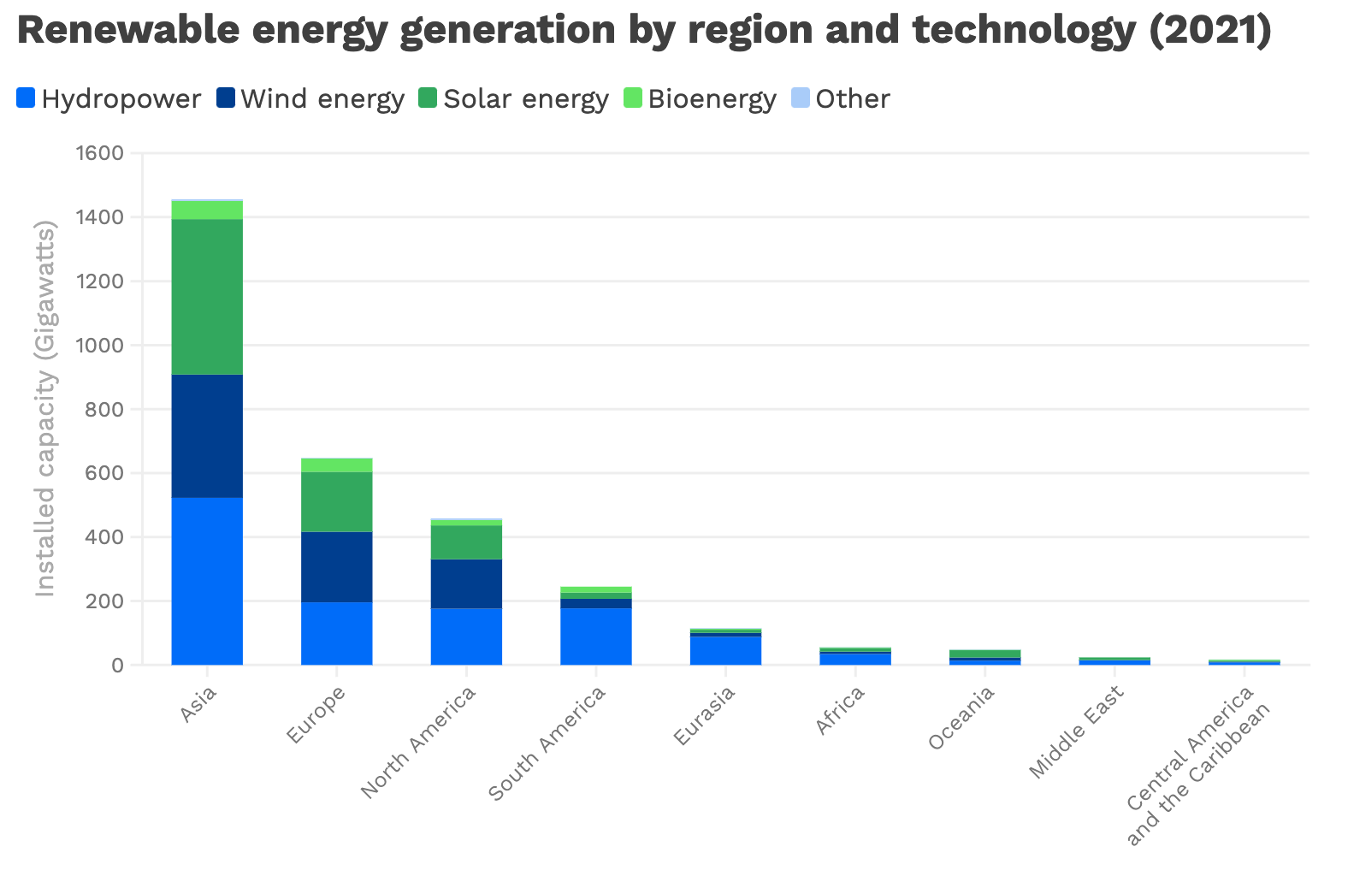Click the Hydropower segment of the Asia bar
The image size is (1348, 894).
(x=207, y=581)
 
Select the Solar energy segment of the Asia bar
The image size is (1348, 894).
(x=207, y=296)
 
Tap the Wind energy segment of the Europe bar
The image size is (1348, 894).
(x=336, y=566)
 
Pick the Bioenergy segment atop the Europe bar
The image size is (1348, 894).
(x=336, y=465)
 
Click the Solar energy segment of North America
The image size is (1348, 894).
(x=466, y=542)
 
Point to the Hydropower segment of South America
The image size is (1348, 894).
(x=596, y=636)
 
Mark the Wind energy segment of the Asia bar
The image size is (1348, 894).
(x=207, y=435)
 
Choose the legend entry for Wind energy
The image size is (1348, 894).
(x=322, y=99)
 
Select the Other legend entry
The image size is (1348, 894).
(x=852, y=99)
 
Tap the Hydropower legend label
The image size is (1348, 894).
(x=121, y=99)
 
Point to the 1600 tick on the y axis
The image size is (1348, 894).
(x=99, y=153)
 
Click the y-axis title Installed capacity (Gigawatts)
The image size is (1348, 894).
(x=44, y=409)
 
